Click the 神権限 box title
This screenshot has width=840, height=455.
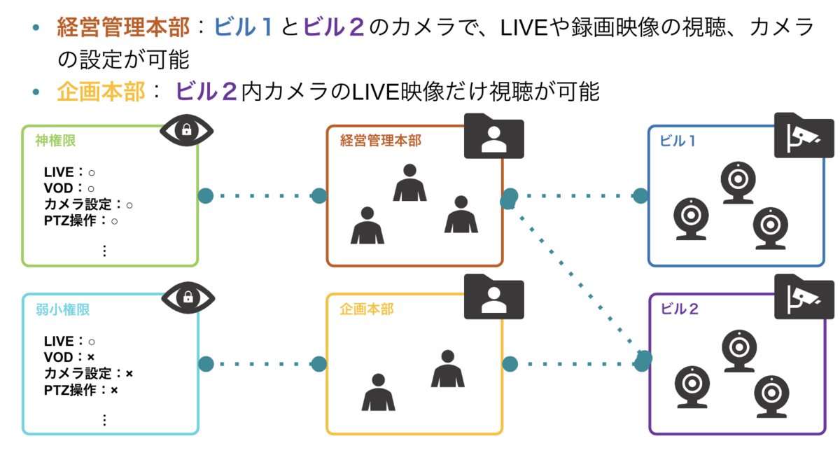tap(55, 141)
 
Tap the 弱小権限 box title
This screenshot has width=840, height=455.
tap(62, 309)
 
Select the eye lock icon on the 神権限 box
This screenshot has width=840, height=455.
tap(186, 130)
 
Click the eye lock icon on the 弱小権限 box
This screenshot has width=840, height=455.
tap(188, 297)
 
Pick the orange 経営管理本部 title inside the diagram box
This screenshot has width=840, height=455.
tap(381, 141)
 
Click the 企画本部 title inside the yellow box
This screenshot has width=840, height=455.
tap(366, 309)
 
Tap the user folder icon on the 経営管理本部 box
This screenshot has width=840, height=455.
tap(494, 136)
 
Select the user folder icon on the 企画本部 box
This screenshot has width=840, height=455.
tap(494, 297)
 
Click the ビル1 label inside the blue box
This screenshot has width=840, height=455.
tap(678, 141)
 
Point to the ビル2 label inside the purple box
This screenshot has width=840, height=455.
tap(679, 309)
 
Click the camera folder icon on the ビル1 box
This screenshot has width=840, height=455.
tap(804, 135)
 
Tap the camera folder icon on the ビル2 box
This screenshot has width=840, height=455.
tap(804, 297)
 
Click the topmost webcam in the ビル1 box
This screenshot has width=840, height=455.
tap(738, 183)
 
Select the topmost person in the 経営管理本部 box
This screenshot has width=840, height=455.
tap(409, 182)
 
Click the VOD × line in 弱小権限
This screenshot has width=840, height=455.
tap(69, 357)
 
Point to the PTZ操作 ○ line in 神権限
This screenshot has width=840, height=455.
tap(81, 220)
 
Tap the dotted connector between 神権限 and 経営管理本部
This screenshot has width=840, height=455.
tap(262, 196)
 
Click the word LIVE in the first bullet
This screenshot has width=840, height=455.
tap(524, 28)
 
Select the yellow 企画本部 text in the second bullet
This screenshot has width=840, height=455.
tap(101, 92)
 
